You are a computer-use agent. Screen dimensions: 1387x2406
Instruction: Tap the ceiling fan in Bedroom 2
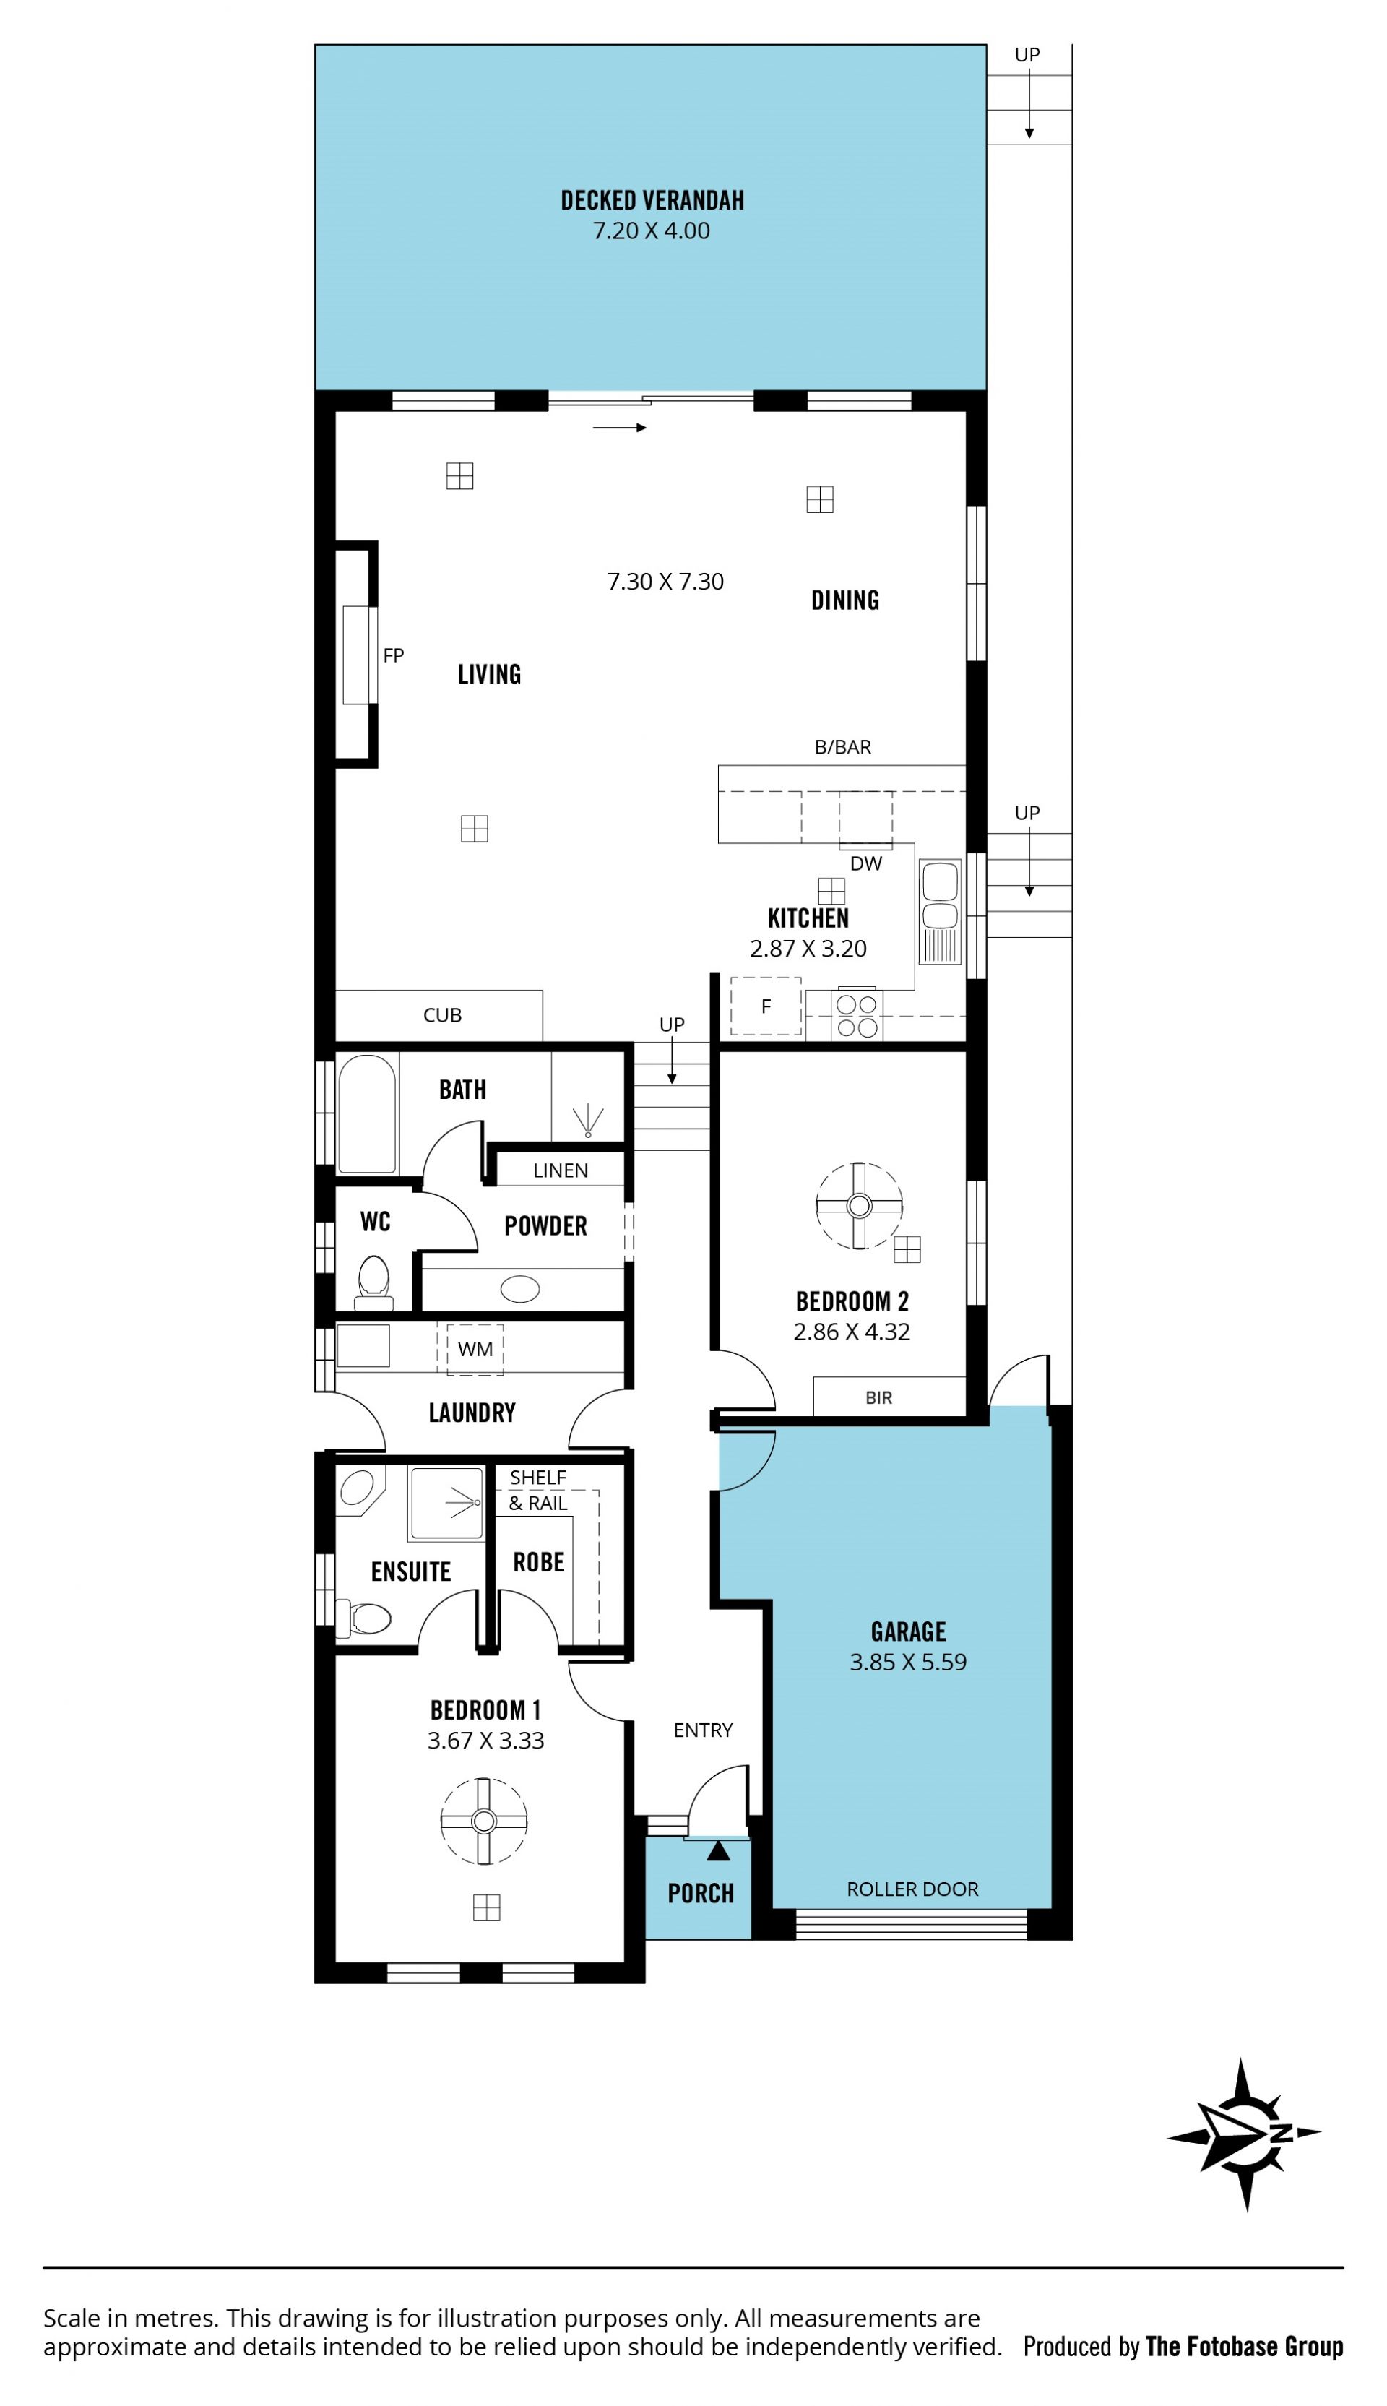tap(859, 1206)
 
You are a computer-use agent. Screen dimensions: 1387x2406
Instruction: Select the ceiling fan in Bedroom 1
tap(484, 1821)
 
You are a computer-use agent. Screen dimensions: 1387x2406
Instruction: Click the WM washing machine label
tap(475, 1349)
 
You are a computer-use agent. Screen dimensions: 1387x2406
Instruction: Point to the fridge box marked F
tap(766, 1006)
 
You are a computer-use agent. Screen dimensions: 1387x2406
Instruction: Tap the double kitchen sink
tap(941, 913)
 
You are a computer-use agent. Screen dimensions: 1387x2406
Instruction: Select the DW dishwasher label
tap(866, 863)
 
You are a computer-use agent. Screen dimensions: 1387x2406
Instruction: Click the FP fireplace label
tap(394, 655)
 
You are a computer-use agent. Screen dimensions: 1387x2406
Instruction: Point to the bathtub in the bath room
tap(367, 1113)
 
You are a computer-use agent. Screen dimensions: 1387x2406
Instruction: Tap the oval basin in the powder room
tap(520, 1289)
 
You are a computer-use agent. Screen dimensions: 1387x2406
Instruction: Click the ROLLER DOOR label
tap(912, 1889)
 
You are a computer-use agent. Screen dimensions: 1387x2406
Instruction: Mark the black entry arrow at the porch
tap(718, 1850)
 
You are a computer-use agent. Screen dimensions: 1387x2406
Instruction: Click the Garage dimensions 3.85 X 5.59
tap(908, 1661)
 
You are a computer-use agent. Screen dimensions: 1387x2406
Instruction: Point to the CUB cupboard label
tap(442, 1015)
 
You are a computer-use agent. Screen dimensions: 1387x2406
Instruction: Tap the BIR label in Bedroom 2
tap(878, 1397)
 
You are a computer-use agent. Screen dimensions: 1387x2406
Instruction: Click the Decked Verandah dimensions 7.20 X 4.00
tap(652, 230)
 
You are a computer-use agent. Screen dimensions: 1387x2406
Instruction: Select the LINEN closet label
tap(560, 1170)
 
